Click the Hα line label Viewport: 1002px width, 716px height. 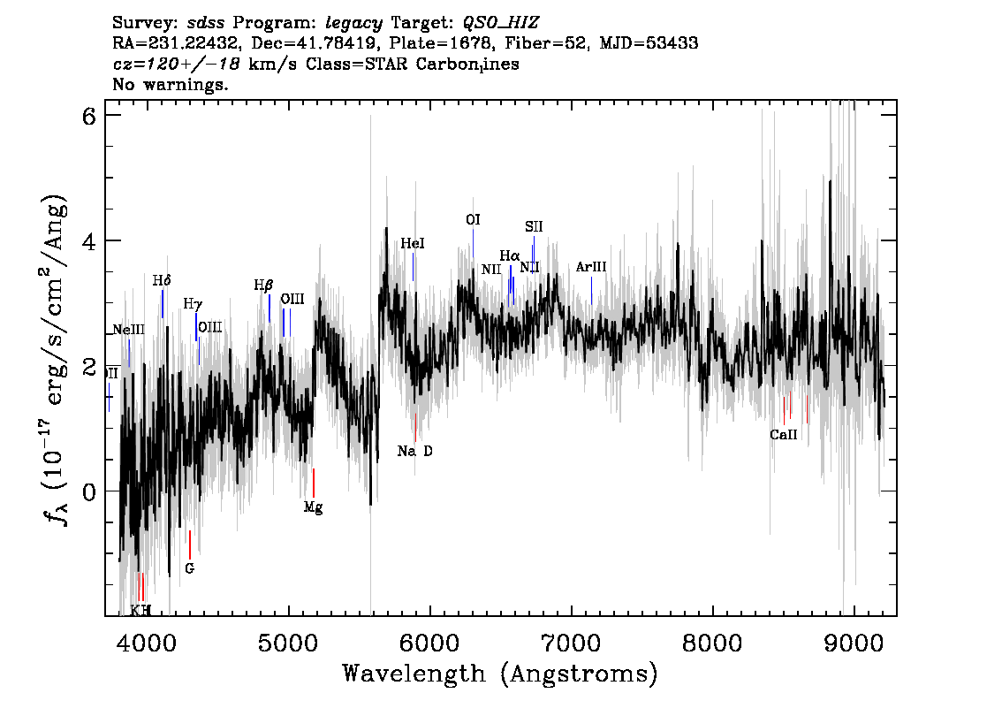pyautogui.click(x=509, y=256)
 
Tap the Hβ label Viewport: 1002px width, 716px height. pyautogui.click(x=263, y=285)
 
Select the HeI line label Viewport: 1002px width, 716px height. pyautogui.click(x=413, y=243)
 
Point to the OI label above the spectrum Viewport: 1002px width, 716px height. pyautogui.click(x=473, y=219)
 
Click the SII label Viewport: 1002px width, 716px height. pyautogui.click(x=533, y=227)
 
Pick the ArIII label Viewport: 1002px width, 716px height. pyautogui.click(x=590, y=267)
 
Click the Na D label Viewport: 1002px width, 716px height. pyautogui.click(x=414, y=451)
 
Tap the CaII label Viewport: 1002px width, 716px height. pyautogui.click(x=783, y=435)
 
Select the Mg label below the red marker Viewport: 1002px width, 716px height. pyautogui.click(x=313, y=507)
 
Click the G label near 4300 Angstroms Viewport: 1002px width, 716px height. pyautogui.click(x=189, y=568)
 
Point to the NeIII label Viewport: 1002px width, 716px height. pyautogui.click(x=128, y=330)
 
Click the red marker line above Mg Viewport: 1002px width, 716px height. pyautogui.click(x=314, y=483)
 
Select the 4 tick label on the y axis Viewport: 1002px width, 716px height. pyautogui.click(x=88, y=241)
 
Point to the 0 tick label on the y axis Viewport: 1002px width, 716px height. pyautogui.click(x=88, y=491)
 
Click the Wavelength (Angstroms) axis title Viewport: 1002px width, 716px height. pyautogui.click(x=500, y=674)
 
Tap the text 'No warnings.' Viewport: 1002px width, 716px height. pyautogui.click(x=171, y=85)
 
